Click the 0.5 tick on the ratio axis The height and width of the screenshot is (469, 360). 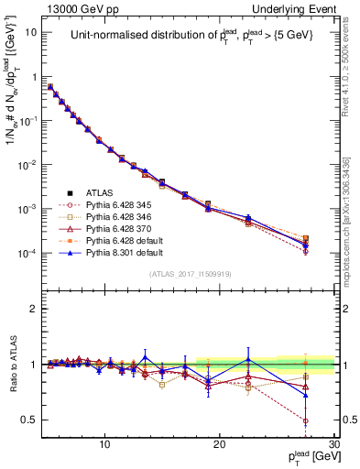click(33, 420)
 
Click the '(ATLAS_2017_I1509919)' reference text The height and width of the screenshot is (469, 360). click(190, 274)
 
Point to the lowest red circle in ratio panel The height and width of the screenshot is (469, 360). click(304, 421)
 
